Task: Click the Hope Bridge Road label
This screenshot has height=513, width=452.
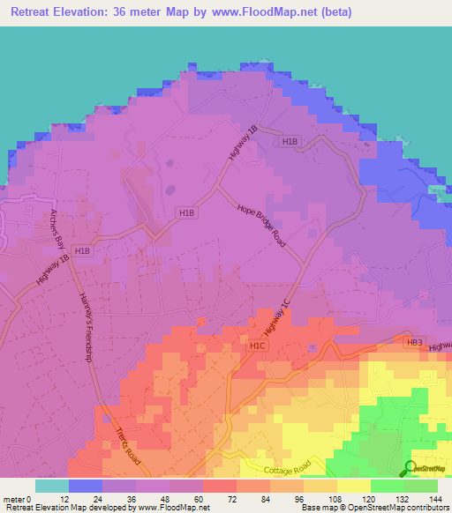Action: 261,226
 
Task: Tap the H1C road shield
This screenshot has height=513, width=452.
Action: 258,346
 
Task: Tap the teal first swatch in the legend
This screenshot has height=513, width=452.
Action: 52,486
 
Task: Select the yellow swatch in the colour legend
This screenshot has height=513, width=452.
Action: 354,486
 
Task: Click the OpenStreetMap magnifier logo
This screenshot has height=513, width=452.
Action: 411,468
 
